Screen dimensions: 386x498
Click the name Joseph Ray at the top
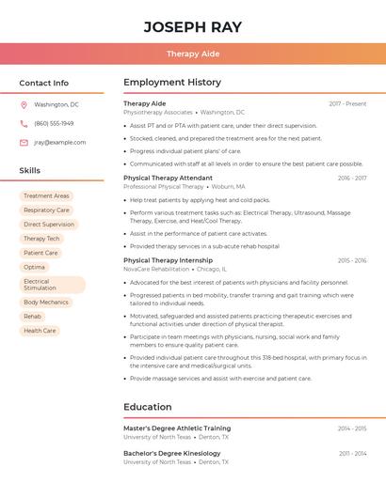(193, 26)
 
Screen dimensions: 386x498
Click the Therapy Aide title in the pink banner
(193, 54)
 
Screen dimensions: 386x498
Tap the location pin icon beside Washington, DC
(24, 104)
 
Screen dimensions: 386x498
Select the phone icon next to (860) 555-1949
(24, 123)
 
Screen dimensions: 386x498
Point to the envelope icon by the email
(24, 143)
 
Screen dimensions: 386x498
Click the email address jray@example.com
(60, 143)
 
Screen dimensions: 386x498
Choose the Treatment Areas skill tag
(46, 196)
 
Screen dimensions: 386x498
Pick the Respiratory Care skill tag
(46, 210)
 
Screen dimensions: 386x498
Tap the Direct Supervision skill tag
(49, 225)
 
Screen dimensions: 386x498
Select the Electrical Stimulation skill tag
(52, 285)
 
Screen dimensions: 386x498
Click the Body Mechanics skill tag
(46, 303)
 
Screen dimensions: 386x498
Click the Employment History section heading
(172, 83)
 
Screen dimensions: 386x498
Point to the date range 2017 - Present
(347, 103)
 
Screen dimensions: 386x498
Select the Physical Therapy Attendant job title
(168, 178)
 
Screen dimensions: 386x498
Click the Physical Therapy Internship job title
(168, 260)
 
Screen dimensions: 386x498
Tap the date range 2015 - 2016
(352, 260)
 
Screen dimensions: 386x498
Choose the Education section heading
(147, 407)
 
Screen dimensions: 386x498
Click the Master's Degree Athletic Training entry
(177, 428)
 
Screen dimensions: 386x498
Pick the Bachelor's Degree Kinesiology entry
(171, 454)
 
